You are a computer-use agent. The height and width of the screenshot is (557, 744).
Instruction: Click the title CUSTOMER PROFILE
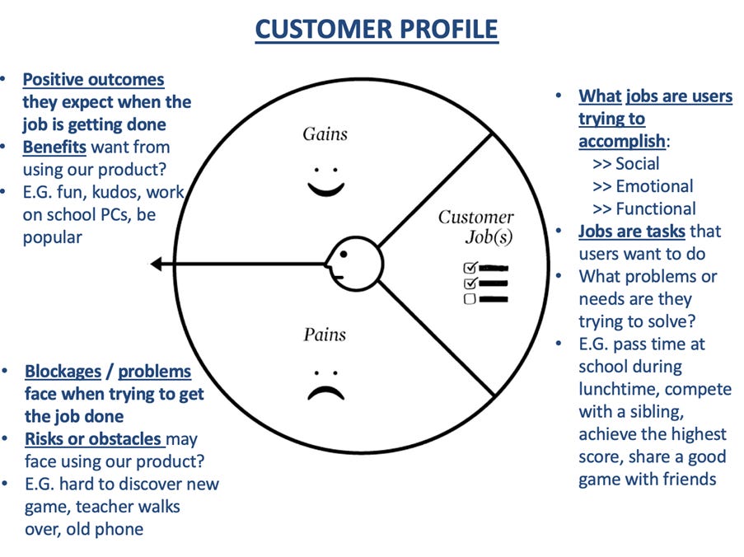(x=377, y=30)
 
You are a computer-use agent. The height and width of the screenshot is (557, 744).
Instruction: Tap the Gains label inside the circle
(x=325, y=133)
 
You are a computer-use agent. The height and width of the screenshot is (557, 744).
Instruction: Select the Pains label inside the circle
(x=325, y=335)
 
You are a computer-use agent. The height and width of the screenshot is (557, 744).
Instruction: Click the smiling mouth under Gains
(x=325, y=189)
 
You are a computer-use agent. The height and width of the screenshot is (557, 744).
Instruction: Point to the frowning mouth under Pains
(x=325, y=391)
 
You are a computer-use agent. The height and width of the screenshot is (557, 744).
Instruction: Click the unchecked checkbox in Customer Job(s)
(x=470, y=299)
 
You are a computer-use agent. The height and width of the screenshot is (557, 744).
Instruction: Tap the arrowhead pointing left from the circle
(x=157, y=264)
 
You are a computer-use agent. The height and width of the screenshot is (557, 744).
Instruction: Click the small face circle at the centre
(x=355, y=263)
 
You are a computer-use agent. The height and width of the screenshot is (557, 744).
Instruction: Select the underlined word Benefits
(x=54, y=147)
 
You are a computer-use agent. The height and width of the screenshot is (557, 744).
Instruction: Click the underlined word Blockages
(x=63, y=372)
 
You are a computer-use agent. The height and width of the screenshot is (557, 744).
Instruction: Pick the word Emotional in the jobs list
(x=654, y=186)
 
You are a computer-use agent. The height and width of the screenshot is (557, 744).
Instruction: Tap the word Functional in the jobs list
(x=656, y=208)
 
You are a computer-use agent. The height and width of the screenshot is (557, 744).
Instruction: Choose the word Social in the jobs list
(x=638, y=164)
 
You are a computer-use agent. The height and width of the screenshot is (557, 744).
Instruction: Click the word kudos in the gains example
(x=117, y=193)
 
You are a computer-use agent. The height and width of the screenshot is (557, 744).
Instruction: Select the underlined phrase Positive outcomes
(x=93, y=81)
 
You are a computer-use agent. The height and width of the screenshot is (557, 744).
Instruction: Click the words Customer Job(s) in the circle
(x=475, y=227)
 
